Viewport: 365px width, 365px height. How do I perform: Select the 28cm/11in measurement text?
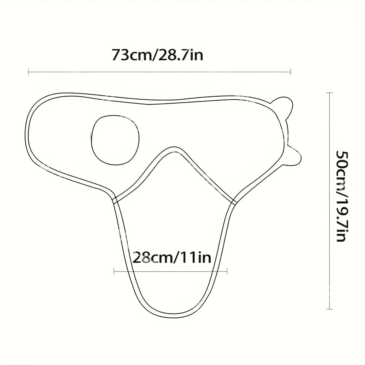(172, 258)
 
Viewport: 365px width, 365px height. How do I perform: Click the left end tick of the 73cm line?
(29, 72)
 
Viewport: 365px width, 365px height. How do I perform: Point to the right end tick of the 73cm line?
(291, 72)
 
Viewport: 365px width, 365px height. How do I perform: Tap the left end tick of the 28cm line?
(114, 271)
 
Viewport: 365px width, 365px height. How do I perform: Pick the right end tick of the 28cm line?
(227, 271)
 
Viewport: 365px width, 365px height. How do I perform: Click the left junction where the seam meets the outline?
(115, 201)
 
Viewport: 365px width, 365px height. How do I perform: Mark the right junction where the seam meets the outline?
(234, 201)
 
